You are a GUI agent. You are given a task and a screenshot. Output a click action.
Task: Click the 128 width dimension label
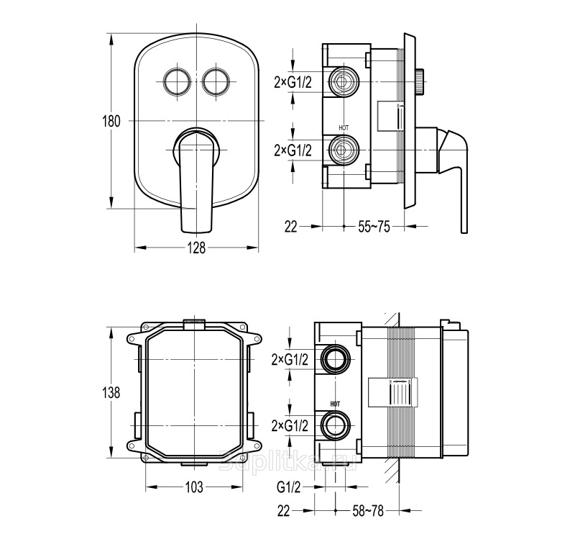tap(197, 248)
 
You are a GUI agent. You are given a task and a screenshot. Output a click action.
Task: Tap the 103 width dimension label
tap(194, 487)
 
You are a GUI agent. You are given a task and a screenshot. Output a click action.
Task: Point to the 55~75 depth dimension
tap(374, 227)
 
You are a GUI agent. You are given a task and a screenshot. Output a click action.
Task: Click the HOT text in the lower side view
tap(335, 405)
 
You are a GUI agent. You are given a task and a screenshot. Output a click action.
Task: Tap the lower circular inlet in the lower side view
tap(335, 425)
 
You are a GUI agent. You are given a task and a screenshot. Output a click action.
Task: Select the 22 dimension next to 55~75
tap(290, 227)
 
